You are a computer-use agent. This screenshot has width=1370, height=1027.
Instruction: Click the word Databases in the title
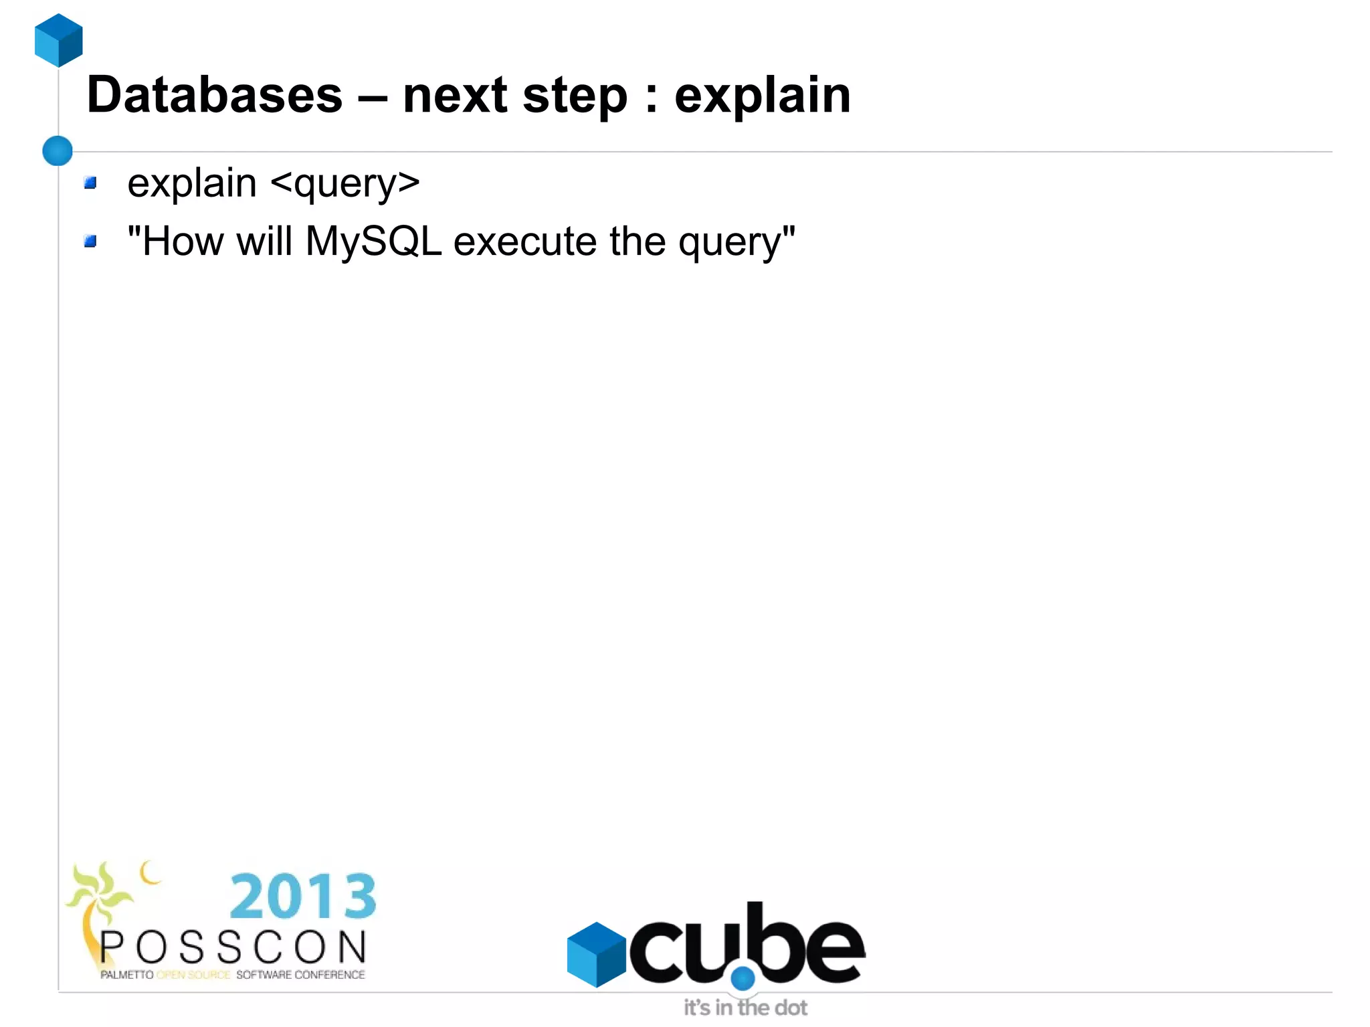(x=215, y=95)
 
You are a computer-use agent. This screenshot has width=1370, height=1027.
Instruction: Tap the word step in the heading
(x=575, y=95)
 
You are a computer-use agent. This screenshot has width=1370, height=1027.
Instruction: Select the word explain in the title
(x=762, y=95)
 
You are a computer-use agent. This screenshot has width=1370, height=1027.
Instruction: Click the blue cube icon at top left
(x=59, y=40)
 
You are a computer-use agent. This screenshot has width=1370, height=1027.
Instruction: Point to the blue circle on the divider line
(x=58, y=151)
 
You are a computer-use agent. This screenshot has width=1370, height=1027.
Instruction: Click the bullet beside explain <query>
(x=90, y=183)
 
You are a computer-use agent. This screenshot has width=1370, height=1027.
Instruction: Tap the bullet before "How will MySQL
(x=90, y=241)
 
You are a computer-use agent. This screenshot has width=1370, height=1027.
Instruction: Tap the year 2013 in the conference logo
(x=303, y=897)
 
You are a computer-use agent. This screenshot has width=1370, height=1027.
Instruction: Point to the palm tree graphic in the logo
(x=97, y=903)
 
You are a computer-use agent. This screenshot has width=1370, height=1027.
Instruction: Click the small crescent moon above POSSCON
(x=150, y=872)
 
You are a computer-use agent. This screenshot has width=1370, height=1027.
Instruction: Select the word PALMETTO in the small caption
(x=126, y=975)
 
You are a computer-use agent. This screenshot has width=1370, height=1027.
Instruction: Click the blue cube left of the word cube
(x=595, y=953)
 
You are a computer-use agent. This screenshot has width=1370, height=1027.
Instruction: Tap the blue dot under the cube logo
(x=743, y=979)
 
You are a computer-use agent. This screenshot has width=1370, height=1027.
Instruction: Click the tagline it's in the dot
(x=745, y=1008)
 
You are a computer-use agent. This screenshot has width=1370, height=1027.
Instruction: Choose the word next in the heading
(x=454, y=95)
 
